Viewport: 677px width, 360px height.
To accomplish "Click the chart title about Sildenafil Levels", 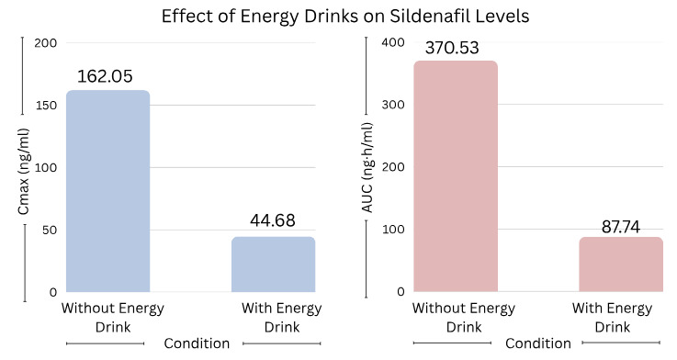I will [x=338, y=17].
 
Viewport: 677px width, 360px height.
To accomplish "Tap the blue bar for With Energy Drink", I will [x=273, y=264].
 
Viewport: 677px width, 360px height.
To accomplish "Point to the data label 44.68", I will [x=273, y=221].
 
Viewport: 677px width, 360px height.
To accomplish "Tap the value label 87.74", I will [x=620, y=221].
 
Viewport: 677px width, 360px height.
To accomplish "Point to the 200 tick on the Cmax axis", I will [x=46, y=43].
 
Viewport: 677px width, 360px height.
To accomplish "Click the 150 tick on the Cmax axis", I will [x=46, y=106].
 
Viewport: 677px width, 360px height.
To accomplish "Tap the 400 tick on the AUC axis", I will [x=392, y=43].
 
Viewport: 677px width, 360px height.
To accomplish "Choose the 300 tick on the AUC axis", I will [x=392, y=106].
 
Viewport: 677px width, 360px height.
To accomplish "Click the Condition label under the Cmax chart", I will [x=196, y=343].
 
